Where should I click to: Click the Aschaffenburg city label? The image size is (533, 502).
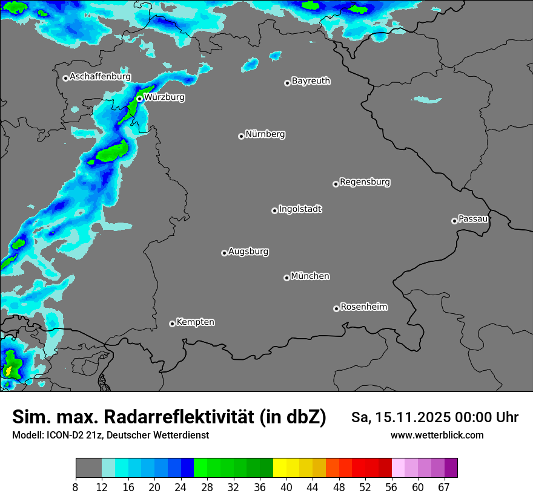click(100, 77)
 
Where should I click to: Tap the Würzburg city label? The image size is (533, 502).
click(164, 97)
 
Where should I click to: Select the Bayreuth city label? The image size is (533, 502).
click(311, 80)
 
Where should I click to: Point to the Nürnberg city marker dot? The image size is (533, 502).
click(241, 136)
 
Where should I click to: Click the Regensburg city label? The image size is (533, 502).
click(365, 181)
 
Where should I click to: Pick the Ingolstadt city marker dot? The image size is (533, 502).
click(274, 210)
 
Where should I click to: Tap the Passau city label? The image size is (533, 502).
click(473, 218)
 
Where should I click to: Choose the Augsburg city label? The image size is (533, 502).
click(248, 251)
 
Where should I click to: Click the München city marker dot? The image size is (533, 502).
click(286, 278)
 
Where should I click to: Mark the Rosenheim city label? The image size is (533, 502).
click(363, 307)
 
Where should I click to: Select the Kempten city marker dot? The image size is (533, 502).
click(172, 324)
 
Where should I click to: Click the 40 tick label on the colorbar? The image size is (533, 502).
click(286, 487)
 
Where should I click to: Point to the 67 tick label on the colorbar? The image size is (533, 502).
click(444, 487)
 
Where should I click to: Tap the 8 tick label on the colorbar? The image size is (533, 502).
click(76, 487)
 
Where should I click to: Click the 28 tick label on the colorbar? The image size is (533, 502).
click(208, 487)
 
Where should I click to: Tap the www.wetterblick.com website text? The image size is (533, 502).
click(437, 435)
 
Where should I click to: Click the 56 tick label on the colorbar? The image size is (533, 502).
click(392, 487)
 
